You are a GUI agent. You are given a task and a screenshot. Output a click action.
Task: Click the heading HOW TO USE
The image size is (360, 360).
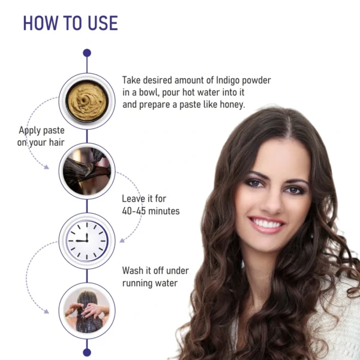(70, 23)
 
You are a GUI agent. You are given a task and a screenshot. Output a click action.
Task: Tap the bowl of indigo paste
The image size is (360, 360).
(87, 101)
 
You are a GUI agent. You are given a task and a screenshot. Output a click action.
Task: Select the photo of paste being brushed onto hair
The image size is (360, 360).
(87, 171)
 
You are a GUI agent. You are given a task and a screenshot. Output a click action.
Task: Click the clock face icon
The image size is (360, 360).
(87, 241)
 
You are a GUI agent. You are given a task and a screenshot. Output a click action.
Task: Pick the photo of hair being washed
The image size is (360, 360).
(87, 311)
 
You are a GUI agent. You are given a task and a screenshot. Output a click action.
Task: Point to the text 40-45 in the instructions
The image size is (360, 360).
(134, 211)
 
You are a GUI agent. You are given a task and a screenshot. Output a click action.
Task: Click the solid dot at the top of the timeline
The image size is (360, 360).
(87, 53)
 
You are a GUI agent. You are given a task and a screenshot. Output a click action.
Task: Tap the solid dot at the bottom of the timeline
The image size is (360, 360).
(87, 352)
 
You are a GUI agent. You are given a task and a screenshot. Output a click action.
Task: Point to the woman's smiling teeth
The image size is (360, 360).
(266, 223)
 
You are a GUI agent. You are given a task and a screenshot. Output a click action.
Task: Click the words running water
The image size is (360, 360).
(150, 283)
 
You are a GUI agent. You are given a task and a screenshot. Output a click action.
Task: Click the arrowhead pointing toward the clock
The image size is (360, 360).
(122, 241)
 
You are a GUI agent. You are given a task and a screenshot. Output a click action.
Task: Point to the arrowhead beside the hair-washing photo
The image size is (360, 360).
(46, 311)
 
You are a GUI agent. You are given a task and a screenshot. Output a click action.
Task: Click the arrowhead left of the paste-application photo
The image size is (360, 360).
(46, 167)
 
